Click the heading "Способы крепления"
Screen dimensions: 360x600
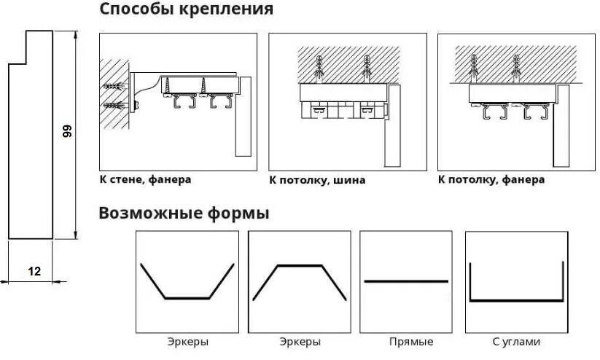click(186, 10)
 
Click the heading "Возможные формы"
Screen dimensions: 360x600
click(184, 214)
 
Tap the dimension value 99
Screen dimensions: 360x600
click(67, 131)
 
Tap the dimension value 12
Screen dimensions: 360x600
click(34, 271)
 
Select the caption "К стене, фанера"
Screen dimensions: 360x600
click(149, 179)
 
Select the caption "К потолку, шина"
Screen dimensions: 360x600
click(317, 179)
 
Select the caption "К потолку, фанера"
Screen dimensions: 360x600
click(491, 179)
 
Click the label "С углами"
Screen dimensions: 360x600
click(516, 341)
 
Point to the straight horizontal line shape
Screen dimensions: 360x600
click(406, 281)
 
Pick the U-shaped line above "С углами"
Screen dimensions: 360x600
click(516, 299)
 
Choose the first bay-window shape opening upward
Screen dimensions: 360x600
click(187, 297)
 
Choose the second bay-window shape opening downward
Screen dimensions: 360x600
click(299, 267)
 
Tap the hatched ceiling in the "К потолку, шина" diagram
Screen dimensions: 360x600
click(348, 58)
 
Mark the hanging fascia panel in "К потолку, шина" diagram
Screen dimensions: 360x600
click(396, 124)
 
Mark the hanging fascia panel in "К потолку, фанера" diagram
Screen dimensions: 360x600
click(561, 128)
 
